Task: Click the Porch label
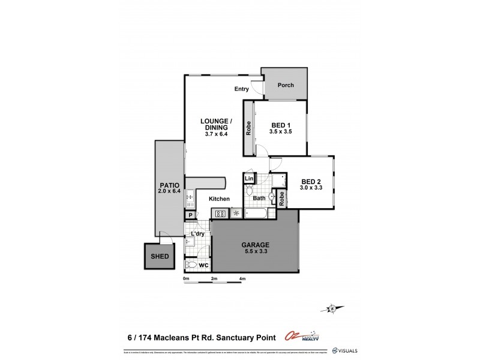(x=286, y=85)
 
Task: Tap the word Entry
(x=242, y=89)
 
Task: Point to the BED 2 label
(x=311, y=182)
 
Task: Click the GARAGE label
(x=254, y=244)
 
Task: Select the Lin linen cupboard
(x=249, y=178)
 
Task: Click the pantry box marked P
(x=191, y=215)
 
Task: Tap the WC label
(x=205, y=265)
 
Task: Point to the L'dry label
(x=197, y=234)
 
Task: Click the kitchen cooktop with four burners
(x=220, y=213)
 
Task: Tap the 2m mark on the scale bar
(x=214, y=279)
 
